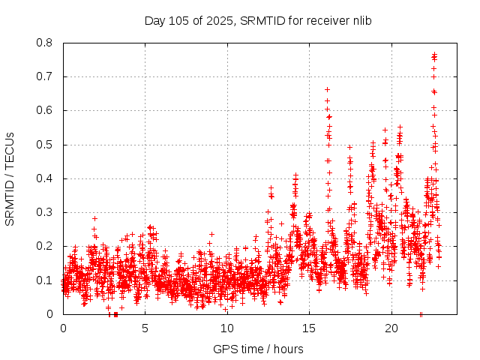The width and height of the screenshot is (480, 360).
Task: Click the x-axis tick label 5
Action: (145, 328)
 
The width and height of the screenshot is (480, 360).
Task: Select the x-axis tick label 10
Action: (227, 328)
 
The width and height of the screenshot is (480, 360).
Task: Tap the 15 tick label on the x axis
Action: (310, 328)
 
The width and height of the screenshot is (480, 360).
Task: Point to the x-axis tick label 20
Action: (391, 328)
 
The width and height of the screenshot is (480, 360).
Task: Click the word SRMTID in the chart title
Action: (259, 20)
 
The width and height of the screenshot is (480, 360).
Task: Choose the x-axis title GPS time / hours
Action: (258, 349)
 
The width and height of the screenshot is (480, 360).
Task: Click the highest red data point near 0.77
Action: (434, 54)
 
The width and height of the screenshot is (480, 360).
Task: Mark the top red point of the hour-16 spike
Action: (327, 89)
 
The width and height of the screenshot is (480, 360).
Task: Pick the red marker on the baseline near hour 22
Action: (421, 314)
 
